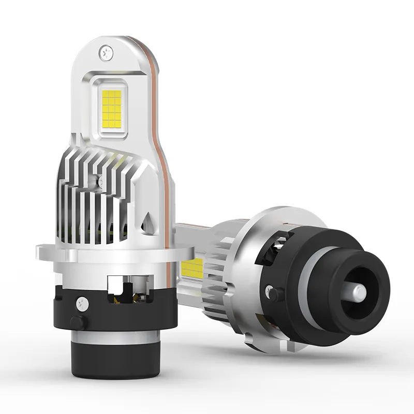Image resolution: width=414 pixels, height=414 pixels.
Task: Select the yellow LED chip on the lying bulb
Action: click(x=193, y=268)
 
